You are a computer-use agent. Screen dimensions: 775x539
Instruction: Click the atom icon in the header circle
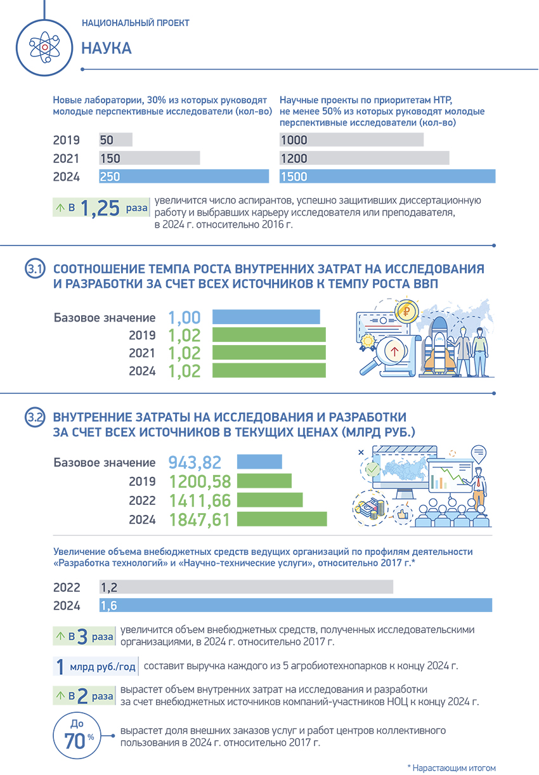[45, 45]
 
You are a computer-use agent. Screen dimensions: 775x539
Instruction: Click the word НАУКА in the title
[107, 49]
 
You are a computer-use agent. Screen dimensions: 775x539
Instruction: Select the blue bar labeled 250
[184, 176]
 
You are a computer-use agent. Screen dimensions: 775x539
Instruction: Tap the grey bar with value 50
[115, 140]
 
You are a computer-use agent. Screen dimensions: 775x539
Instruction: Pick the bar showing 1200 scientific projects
[364, 159]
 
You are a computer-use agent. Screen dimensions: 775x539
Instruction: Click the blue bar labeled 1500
[387, 177]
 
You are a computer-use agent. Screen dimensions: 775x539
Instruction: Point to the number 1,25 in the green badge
[100, 209]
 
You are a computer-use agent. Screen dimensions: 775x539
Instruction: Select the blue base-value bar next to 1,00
[266, 317]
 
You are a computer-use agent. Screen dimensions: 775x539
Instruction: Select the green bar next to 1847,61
[282, 519]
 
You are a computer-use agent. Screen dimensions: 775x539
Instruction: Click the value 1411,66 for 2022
[200, 500]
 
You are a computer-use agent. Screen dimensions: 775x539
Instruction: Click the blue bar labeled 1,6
[295, 605]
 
